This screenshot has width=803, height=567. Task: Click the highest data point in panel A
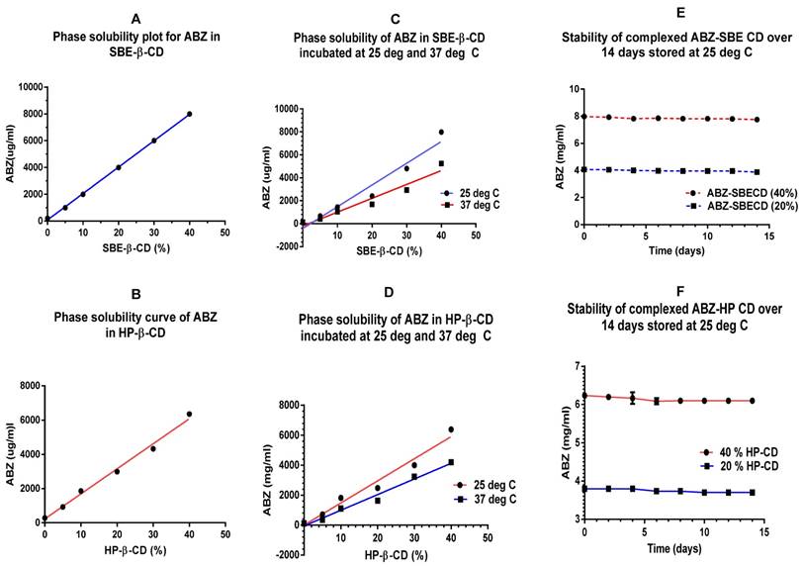click(x=189, y=114)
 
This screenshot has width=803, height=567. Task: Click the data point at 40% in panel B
click(x=189, y=414)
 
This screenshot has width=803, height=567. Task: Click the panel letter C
click(x=368, y=18)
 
